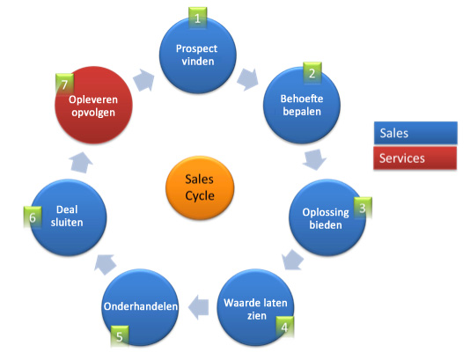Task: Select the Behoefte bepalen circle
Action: tap(303, 106)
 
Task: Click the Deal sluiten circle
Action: tap(68, 217)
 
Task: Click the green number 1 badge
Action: tap(199, 17)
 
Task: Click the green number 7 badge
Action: tap(62, 84)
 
